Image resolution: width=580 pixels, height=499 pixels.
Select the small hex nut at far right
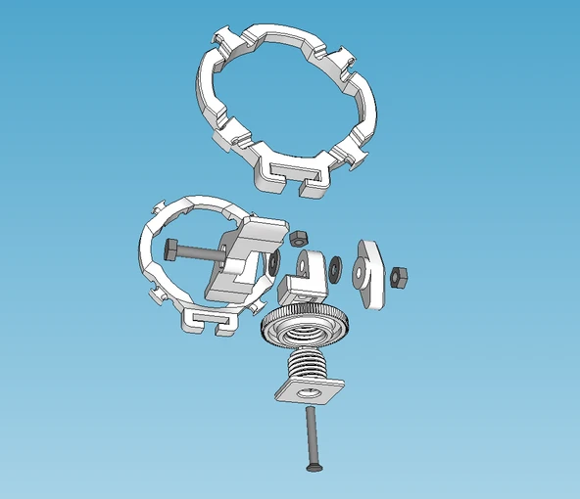click(399, 277)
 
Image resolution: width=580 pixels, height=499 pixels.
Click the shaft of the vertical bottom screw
click(311, 435)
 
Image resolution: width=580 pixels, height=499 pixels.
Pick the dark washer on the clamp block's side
click(273, 262)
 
